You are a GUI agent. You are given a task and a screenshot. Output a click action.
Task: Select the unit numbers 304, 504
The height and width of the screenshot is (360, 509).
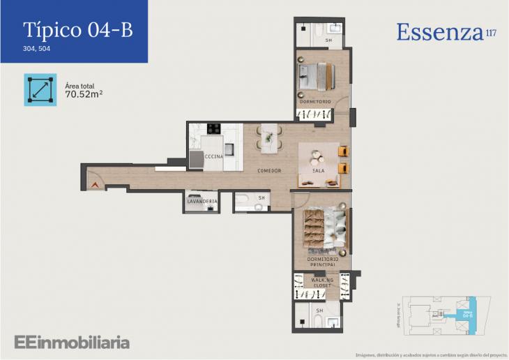tap(37, 49)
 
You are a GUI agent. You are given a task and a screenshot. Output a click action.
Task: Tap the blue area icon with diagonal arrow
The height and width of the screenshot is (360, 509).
tap(40, 89)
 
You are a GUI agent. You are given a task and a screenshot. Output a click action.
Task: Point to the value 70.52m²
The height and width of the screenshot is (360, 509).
tap(84, 93)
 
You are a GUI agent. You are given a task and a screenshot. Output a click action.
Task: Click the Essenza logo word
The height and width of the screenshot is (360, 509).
tap(439, 32)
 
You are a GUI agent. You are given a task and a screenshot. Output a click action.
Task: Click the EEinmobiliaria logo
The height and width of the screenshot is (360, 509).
tap(72, 342)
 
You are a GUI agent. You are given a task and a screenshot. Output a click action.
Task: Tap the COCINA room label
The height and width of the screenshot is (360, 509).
tap(213, 157)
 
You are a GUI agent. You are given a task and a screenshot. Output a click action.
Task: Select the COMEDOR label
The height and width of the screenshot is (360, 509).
tap(269, 171)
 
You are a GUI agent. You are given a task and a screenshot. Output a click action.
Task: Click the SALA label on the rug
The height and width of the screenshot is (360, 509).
tap(319, 171)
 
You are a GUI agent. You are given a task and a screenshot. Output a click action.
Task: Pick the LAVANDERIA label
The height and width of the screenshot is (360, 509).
tap(202, 202)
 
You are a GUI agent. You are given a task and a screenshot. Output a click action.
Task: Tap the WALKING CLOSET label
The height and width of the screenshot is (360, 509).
tap(322, 282)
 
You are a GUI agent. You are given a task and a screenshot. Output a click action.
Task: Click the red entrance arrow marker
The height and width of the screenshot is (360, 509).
tap(94, 185)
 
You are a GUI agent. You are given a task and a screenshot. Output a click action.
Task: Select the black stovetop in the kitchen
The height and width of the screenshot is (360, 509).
tap(214, 128)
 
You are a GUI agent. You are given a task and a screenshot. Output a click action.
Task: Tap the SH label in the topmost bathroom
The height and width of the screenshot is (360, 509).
tap(319, 40)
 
